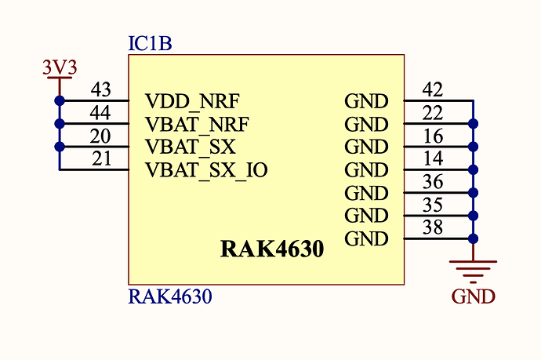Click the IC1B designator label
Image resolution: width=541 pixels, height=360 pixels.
[150, 43]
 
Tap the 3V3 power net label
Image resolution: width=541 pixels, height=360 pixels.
[59, 68]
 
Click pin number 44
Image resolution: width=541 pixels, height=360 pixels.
[100, 113]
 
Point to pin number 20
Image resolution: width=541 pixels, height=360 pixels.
[100, 136]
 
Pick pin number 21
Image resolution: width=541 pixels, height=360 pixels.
[100, 159]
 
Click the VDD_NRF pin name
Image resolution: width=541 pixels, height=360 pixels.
[192, 101]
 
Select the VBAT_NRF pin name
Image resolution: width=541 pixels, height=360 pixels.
[197, 124]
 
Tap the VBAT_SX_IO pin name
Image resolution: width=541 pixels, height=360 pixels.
[207, 169]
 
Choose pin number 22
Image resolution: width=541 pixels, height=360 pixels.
[432, 113]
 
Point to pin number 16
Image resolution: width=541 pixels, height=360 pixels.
[432, 136]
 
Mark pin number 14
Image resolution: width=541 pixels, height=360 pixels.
[432, 159]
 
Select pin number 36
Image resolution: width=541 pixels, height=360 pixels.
[432, 182]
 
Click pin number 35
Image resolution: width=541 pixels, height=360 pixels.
[432, 205]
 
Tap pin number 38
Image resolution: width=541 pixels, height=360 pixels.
[432, 227]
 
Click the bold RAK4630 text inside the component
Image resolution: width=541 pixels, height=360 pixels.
[272, 250]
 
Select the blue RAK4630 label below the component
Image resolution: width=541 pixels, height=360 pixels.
[170, 297]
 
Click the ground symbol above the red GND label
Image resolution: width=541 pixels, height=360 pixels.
[473, 269]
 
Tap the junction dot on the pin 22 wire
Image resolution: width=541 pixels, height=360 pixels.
[473, 124]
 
